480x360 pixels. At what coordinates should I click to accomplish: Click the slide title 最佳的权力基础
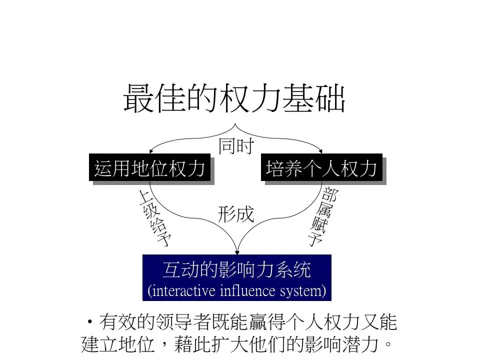click(234, 97)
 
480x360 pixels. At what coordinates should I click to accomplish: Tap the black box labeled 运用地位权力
click(149, 168)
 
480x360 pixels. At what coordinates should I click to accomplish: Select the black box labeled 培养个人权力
click(321, 168)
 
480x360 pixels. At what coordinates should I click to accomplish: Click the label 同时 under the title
click(236, 146)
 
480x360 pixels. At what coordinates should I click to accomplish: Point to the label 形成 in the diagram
click(236, 214)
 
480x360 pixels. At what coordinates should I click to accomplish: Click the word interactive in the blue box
click(182, 290)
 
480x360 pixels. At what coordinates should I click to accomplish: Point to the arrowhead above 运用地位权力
click(151, 150)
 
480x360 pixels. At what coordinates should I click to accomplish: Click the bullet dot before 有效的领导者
click(90, 321)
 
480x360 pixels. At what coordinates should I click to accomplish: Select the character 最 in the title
click(136, 97)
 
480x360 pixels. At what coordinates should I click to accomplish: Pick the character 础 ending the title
click(331, 97)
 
